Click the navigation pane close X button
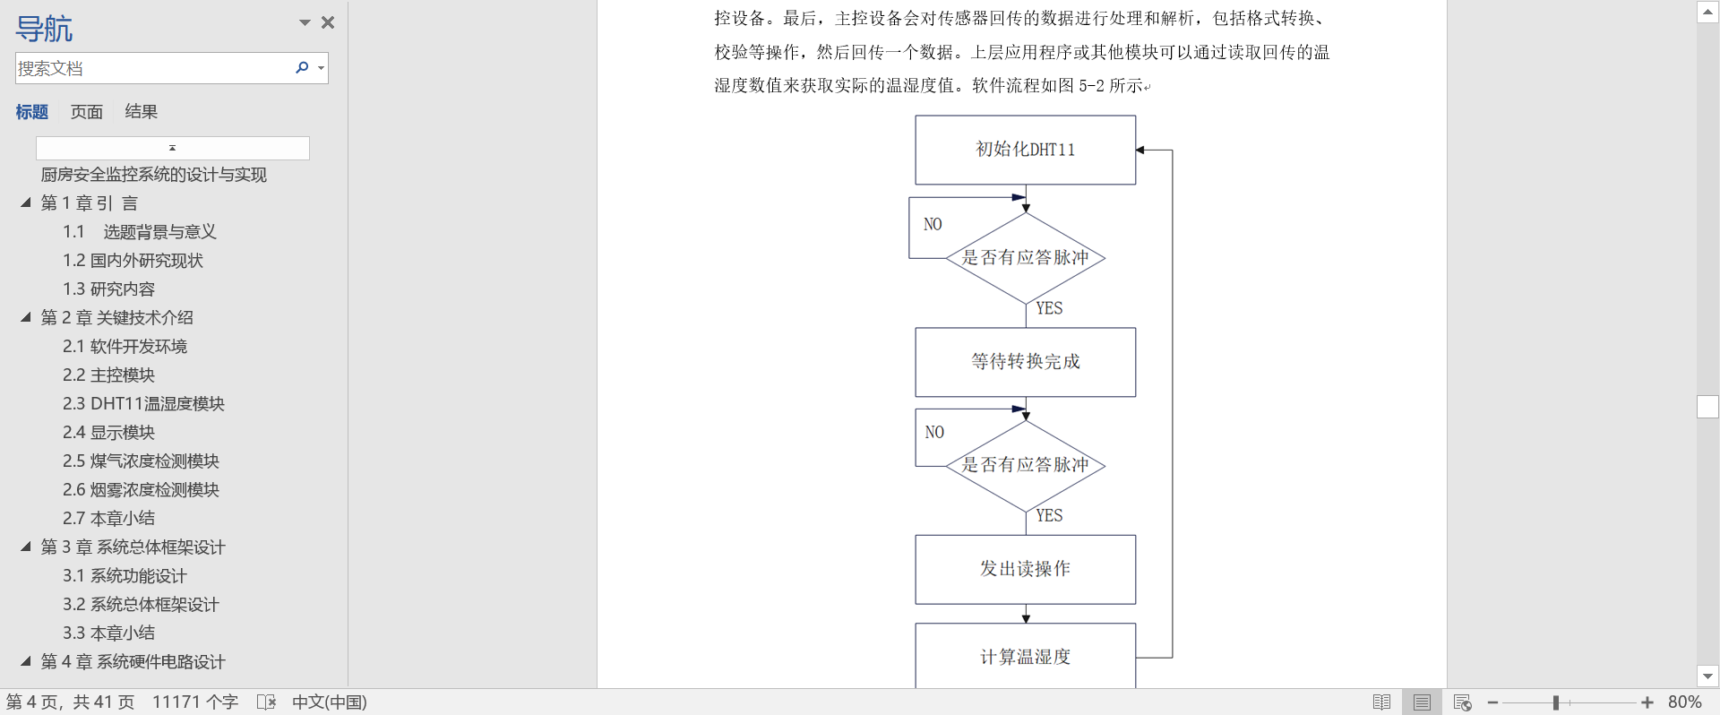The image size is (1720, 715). pyautogui.click(x=328, y=22)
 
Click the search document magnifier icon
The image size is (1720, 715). pyautogui.click(x=302, y=67)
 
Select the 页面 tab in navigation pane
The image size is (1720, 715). pyautogui.click(x=87, y=112)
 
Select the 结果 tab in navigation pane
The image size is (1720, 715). pyautogui.click(x=141, y=112)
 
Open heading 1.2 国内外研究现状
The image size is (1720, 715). pyautogui.click(x=133, y=261)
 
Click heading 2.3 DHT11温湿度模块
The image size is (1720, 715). pyautogui.click(x=143, y=404)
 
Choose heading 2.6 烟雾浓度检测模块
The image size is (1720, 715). pyautogui.click(x=141, y=490)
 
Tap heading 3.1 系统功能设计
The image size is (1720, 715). pyautogui.click(x=125, y=576)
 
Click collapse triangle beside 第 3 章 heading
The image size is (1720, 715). pyautogui.click(x=26, y=547)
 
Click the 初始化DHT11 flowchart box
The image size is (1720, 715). pyautogui.click(x=1025, y=150)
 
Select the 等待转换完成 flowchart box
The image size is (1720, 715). pyautogui.click(x=1025, y=362)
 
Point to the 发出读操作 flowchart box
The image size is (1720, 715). pyautogui.click(x=1025, y=569)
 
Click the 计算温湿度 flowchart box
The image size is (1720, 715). pyautogui.click(x=1025, y=657)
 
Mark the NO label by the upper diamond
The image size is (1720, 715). pyautogui.click(x=933, y=224)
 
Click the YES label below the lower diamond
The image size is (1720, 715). pyautogui.click(x=1049, y=515)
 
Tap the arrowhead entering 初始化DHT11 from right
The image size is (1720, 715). pyautogui.click(x=1140, y=150)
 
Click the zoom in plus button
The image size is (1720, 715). pyautogui.click(x=1647, y=702)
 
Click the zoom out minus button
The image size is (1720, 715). pyautogui.click(x=1492, y=702)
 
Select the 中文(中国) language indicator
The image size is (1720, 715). pyautogui.click(x=330, y=702)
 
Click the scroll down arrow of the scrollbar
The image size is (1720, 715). pyautogui.click(x=1707, y=676)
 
